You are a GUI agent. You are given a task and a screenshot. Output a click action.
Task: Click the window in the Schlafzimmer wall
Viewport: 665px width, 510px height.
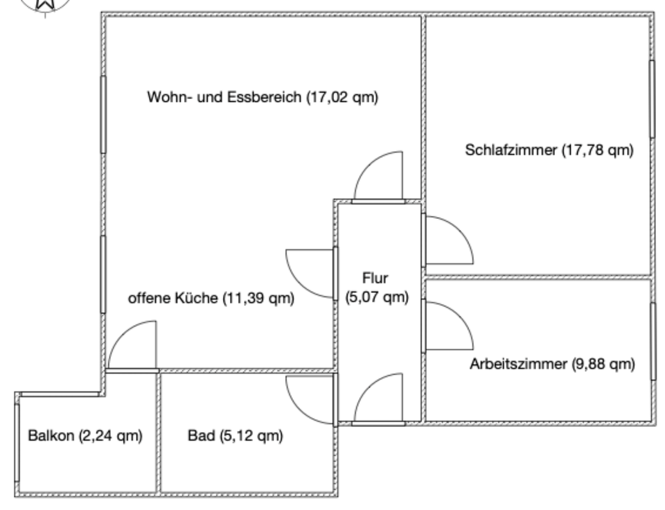tap(651, 98)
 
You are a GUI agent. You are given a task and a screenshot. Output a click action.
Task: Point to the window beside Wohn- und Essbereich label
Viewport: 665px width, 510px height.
tap(103, 114)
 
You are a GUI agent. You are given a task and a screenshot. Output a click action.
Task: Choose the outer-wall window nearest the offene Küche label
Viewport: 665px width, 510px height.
tap(103, 274)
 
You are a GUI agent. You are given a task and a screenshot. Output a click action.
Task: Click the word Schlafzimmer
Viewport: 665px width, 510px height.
tap(511, 150)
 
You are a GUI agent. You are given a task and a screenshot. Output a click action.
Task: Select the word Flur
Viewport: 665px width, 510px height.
tap(376, 279)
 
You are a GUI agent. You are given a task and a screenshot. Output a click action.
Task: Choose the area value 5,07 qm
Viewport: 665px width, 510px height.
tap(377, 298)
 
